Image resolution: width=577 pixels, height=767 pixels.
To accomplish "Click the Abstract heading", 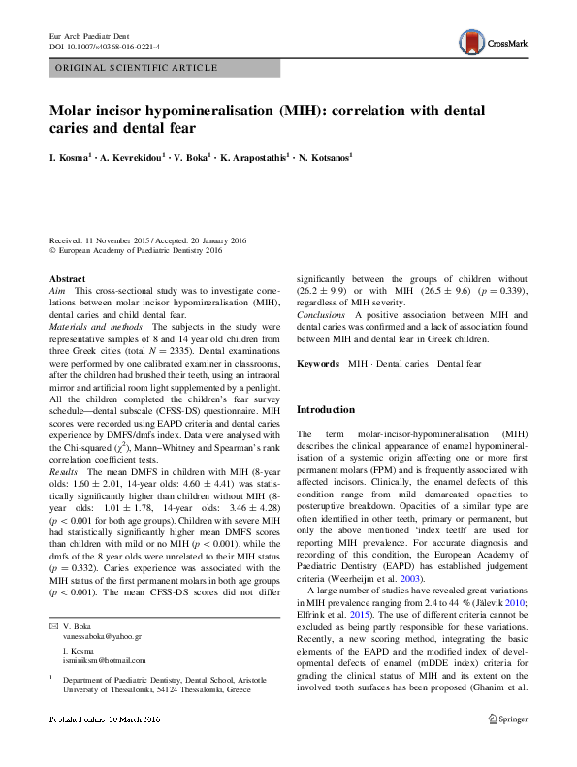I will click(x=67, y=279).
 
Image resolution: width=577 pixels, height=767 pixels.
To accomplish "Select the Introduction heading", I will click(x=326, y=410).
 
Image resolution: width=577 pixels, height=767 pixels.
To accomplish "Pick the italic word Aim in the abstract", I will click(x=57, y=291).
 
